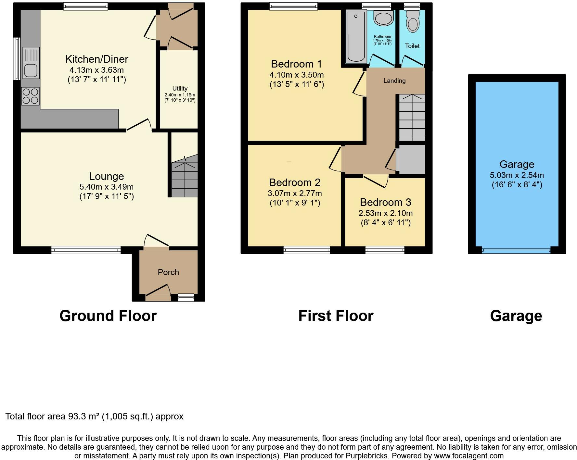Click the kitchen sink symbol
[31, 63]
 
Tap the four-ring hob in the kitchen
[31, 96]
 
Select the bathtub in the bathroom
[356, 36]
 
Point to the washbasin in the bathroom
[383, 18]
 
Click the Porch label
[168, 272]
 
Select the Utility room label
[180, 88]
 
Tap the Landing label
[394, 81]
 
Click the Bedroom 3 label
[385, 202]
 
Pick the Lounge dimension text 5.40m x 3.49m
[107, 187]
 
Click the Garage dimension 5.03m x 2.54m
[517, 175]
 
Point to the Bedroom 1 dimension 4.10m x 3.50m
[296, 75]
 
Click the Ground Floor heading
[108, 316]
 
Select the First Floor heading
[336, 316]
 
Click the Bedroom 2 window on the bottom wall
[306, 250]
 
